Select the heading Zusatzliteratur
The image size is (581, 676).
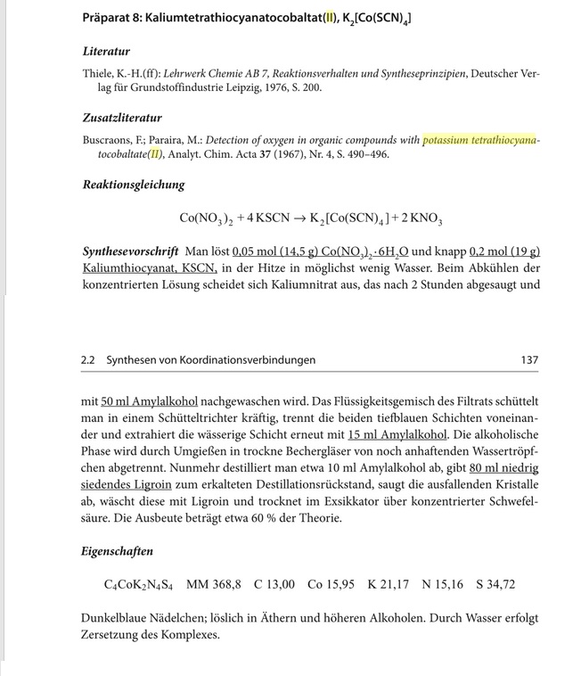pos(122,119)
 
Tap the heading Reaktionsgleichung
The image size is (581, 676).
pos(134,185)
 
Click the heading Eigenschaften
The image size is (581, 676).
pos(117,552)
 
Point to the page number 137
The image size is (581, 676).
pos(528,360)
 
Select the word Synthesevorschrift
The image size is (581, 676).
pos(130,251)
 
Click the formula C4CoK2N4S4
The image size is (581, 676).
pos(138,585)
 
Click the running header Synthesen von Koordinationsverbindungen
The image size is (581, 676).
pos(210,360)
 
